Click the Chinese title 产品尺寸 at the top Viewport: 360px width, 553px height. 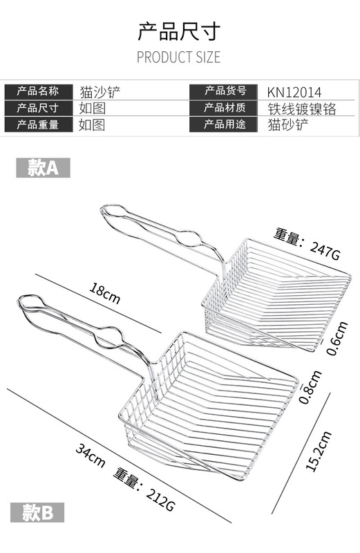coord(179,31)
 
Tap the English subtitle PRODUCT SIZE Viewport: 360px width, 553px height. coord(179,57)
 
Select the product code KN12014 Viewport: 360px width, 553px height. coord(294,93)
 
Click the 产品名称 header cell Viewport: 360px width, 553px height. coord(39,91)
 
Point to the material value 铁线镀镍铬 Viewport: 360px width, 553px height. coord(302,109)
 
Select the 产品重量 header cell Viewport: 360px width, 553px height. coord(39,124)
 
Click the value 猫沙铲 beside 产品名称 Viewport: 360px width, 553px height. coord(100,92)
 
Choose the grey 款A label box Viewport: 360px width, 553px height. coord(43,167)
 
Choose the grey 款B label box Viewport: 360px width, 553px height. coord(37,512)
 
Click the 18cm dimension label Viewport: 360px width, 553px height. coord(104,292)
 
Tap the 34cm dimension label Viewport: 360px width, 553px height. coord(91,456)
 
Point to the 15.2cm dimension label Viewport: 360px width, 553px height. coord(319,451)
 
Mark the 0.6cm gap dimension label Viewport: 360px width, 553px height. coord(337,338)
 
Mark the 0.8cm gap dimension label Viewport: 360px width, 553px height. coord(310,386)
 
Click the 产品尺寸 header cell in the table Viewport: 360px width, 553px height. coord(39,108)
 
